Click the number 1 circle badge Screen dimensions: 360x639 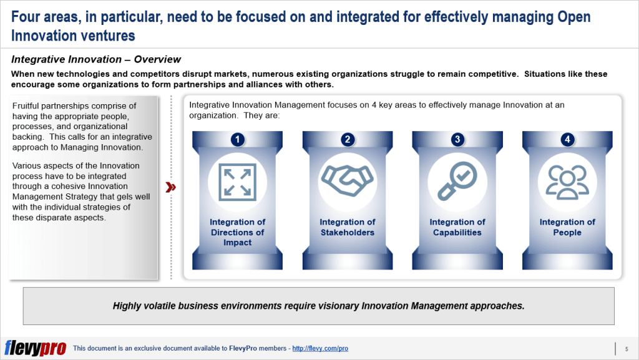click(x=237, y=140)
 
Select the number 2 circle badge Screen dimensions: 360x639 click(x=348, y=140)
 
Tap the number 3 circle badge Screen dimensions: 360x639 click(x=457, y=140)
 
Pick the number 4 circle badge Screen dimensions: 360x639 click(x=567, y=140)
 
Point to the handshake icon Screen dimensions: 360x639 click(x=348, y=180)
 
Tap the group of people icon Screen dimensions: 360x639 click(x=567, y=180)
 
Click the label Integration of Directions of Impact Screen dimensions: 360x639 click(x=237, y=232)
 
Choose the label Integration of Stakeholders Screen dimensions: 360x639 click(x=348, y=227)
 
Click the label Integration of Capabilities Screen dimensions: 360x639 click(x=457, y=227)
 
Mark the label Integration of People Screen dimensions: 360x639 click(x=567, y=227)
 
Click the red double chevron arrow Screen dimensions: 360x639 click(x=170, y=187)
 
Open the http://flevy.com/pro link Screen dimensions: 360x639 click(x=320, y=349)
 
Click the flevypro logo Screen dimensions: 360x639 click(x=35, y=348)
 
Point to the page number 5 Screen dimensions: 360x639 click(x=626, y=348)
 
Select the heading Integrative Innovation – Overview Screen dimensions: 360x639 click(x=96, y=60)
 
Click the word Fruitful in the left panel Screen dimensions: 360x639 click(x=28, y=106)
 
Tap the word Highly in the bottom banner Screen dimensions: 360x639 click(x=127, y=306)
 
